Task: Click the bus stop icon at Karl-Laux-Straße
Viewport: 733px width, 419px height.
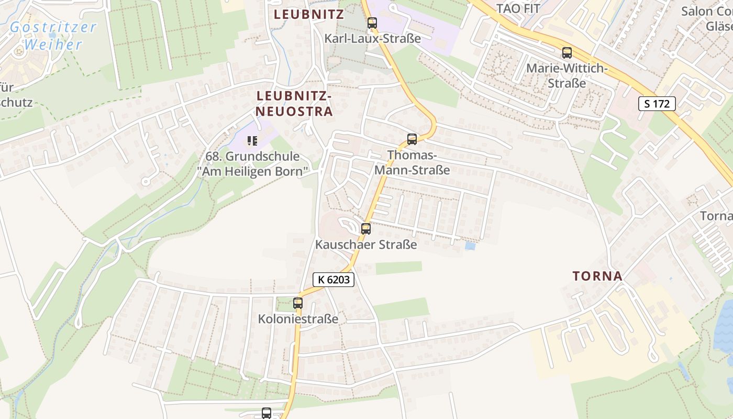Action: click(x=372, y=23)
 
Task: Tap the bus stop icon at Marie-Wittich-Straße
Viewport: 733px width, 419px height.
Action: click(x=567, y=53)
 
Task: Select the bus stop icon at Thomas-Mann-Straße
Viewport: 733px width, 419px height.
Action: click(x=412, y=139)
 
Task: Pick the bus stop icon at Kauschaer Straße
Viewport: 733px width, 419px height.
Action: click(x=366, y=229)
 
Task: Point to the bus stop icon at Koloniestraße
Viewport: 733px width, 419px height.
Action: click(x=298, y=303)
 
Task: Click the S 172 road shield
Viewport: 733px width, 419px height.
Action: click(x=657, y=104)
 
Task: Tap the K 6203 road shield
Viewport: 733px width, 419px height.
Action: click(x=334, y=280)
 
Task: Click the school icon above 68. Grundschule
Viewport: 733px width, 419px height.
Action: click(x=253, y=140)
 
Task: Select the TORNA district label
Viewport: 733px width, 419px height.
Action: click(x=597, y=276)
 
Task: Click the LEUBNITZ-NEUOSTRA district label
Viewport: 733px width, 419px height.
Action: click(x=294, y=104)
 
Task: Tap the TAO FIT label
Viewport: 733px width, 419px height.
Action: click(x=518, y=8)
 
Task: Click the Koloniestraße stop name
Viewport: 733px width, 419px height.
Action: click(x=298, y=319)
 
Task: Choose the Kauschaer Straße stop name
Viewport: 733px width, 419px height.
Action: click(x=366, y=245)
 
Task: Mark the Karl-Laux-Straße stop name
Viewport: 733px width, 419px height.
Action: click(x=372, y=39)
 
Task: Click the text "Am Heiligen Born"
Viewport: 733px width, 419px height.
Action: click(x=253, y=172)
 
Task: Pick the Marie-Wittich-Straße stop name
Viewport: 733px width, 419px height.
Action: click(x=567, y=75)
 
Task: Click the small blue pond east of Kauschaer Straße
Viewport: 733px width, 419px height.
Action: click(x=470, y=245)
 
